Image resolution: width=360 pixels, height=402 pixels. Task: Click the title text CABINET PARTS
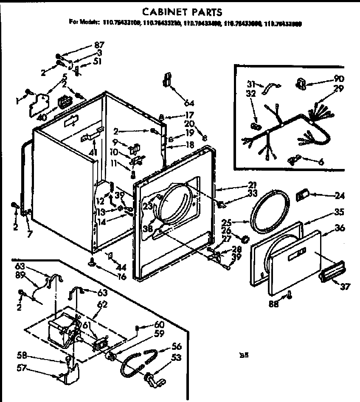point(182,11)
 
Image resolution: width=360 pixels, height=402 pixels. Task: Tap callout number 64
point(189,102)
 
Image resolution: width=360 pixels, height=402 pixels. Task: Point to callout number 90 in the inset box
point(339,79)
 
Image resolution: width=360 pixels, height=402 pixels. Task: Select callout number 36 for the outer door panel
point(340,228)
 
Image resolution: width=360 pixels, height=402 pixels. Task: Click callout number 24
point(339,196)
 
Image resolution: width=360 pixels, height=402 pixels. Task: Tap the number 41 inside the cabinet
point(93,152)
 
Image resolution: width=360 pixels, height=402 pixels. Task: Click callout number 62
point(102,304)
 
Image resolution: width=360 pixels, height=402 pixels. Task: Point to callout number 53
point(176,358)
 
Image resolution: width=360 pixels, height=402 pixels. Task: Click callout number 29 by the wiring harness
point(339,89)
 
